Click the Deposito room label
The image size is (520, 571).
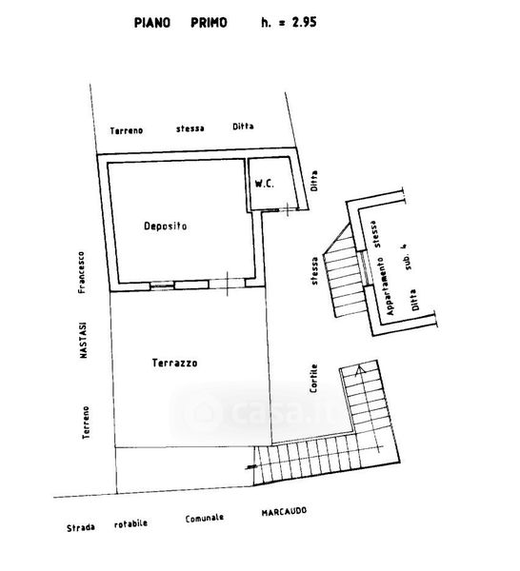pyautogui.click(x=165, y=226)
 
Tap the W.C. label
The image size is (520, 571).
pyautogui.click(x=264, y=184)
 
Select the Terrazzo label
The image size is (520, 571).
pyautogui.click(x=175, y=363)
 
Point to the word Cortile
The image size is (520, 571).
pyautogui.click(x=313, y=379)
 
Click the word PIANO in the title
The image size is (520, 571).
pyautogui.click(x=152, y=23)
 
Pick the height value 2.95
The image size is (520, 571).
pyautogui.click(x=304, y=22)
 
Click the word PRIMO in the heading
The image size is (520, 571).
pyautogui.click(x=209, y=23)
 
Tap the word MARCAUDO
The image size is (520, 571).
pyautogui.click(x=284, y=512)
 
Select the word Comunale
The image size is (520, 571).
pyautogui.click(x=205, y=519)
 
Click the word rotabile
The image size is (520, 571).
pyautogui.click(x=130, y=524)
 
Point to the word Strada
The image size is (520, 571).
pyautogui.click(x=81, y=527)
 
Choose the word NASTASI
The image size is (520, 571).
pyautogui.click(x=84, y=340)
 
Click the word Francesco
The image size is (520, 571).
pyautogui.click(x=81, y=272)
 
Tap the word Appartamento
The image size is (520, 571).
pyautogui.click(x=386, y=286)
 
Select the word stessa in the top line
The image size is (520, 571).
pyautogui.click(x=190, y=128)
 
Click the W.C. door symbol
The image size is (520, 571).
pyautogui.click(x=288, y=209)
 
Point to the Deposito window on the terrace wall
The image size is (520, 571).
pyautogui.click(x=162, y=285)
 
